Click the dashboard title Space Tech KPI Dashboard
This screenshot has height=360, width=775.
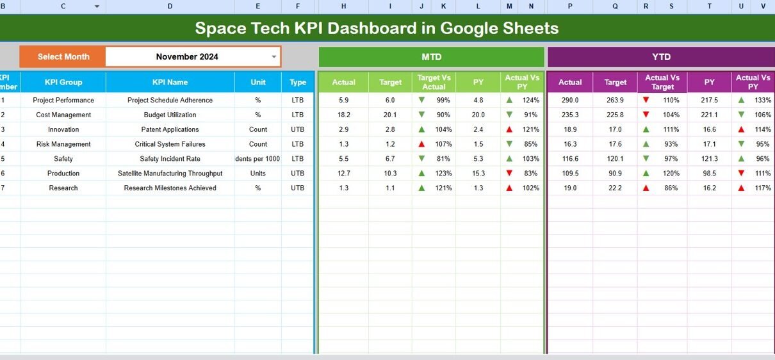377,28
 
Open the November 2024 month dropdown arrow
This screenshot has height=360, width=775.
274,57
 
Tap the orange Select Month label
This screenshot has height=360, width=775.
63,56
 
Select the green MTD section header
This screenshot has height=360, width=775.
431,57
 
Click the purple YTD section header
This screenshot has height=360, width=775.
661,57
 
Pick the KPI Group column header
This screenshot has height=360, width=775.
63,82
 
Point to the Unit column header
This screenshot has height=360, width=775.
258,82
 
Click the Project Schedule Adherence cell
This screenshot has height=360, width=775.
170,100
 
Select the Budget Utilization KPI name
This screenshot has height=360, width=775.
170,115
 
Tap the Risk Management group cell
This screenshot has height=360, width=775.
63,144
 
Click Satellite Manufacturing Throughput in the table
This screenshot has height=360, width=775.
170,174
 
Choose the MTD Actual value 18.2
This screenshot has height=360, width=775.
343,115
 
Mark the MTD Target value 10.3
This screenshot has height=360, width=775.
390,174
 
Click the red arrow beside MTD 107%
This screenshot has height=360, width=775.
421,144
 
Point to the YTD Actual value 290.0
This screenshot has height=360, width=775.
569,100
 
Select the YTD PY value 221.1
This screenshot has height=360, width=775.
709,115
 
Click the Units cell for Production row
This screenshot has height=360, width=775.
258,174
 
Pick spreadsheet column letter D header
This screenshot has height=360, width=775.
170,6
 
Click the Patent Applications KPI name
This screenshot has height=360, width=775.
170,129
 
